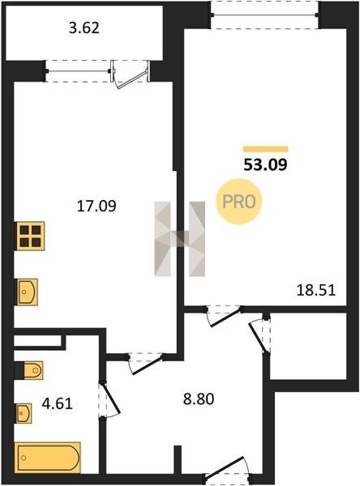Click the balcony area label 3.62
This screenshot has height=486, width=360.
click(x=84, y=28)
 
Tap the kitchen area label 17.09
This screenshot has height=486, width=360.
click(x=96, y=206)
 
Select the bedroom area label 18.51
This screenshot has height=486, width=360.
click(x=316, y=291)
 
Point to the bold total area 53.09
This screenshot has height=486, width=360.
click(x=265, y=164)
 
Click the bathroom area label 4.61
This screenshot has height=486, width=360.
click(x=57, y=404)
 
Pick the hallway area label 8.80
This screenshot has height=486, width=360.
click(x=199, y=399)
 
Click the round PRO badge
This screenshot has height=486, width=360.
click(x=239, y=202)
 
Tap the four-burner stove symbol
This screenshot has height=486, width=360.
click(x=29, y=236)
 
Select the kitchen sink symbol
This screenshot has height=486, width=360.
click(x=27, y=292)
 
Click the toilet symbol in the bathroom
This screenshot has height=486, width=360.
click(x=29, y=370)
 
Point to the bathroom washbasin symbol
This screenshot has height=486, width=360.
click(x=24, y=413)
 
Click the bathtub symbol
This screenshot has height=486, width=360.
click(x=48, y=458)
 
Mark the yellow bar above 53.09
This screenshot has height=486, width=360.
click(x=265, y=149)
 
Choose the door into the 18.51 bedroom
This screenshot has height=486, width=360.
click(x=224, y=316)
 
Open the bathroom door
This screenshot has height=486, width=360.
click(x=109, y=400)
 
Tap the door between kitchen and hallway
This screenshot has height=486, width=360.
click(x=146, y=363)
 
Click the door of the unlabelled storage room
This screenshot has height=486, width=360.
click(x=260, y=334)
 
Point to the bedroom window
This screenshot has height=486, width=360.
click(x=264, y=15)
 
